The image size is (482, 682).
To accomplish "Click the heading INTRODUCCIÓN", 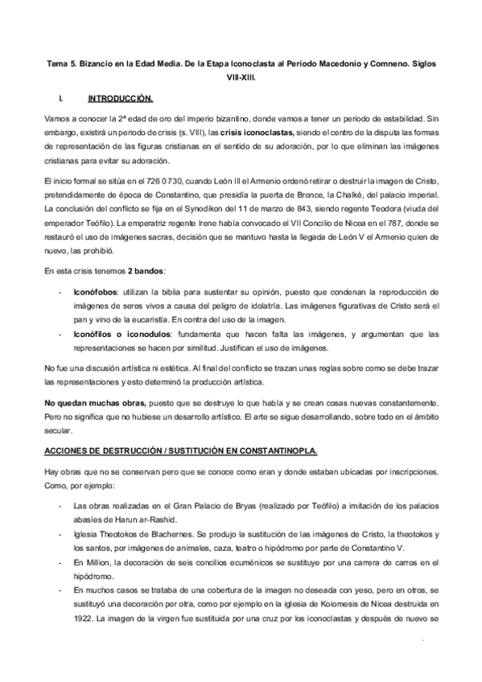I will (120, 98).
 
